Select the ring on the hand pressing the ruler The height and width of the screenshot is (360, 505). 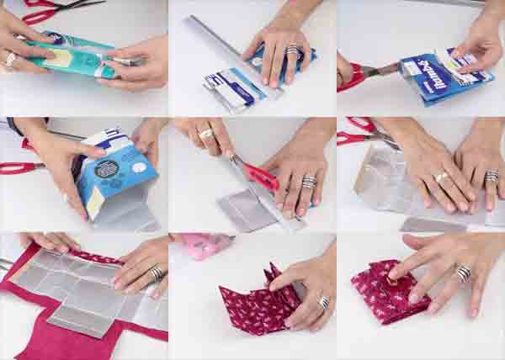point(292,51)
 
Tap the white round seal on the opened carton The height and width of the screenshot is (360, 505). point(116,144)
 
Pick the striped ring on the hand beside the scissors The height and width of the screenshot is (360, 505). point(309,182)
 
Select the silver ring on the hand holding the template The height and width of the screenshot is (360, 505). point(156,273)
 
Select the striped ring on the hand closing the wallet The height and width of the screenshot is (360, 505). point(463,273)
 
